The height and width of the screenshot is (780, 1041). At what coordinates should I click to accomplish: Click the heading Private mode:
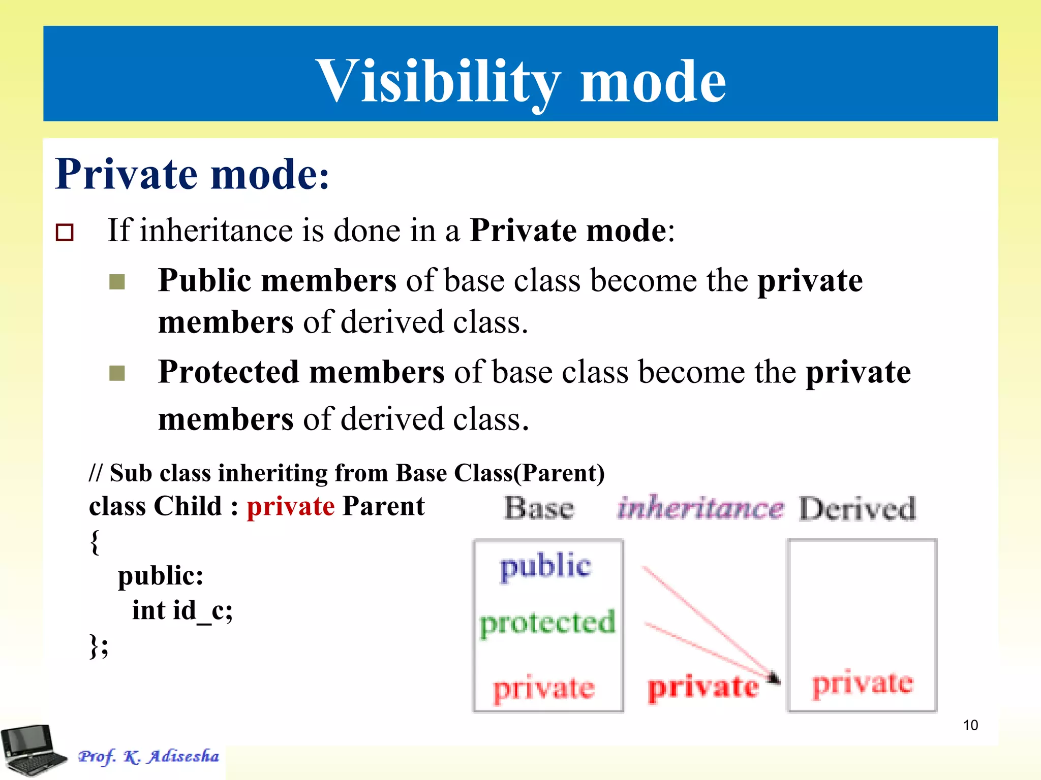point(192,174)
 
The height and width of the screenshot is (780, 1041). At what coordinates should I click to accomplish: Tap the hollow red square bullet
point(65,232)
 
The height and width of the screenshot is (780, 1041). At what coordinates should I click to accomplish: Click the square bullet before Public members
point(117,281)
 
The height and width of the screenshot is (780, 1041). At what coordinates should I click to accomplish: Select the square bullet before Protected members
point(117,373)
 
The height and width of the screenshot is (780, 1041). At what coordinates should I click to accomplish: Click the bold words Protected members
point(301,372)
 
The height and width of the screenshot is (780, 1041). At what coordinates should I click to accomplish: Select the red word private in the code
point(290,506)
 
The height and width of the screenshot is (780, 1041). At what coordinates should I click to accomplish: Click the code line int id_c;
point(182,610)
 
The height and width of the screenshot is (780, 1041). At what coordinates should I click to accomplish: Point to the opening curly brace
point(95,542)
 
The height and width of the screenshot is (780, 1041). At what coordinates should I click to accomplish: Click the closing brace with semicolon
point(99,645)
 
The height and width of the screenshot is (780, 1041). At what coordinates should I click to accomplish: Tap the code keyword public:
point(161,576)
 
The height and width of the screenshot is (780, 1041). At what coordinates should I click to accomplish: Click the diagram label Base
point(539,508)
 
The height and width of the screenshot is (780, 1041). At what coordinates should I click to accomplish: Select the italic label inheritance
point(700,507)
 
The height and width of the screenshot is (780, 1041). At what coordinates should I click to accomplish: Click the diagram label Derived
point(857,508)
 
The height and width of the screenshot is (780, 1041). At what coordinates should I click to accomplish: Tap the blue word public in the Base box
point(545,566)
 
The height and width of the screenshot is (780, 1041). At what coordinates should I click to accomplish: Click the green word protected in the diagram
point(547,623)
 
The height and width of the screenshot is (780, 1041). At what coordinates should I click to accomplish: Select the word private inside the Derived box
point(863,684)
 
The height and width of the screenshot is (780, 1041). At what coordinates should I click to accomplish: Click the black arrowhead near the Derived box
point(774,677)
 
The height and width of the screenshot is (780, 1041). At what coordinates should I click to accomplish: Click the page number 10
point(970,725)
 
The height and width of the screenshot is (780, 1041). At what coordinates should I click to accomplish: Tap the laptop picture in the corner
point(32,751)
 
